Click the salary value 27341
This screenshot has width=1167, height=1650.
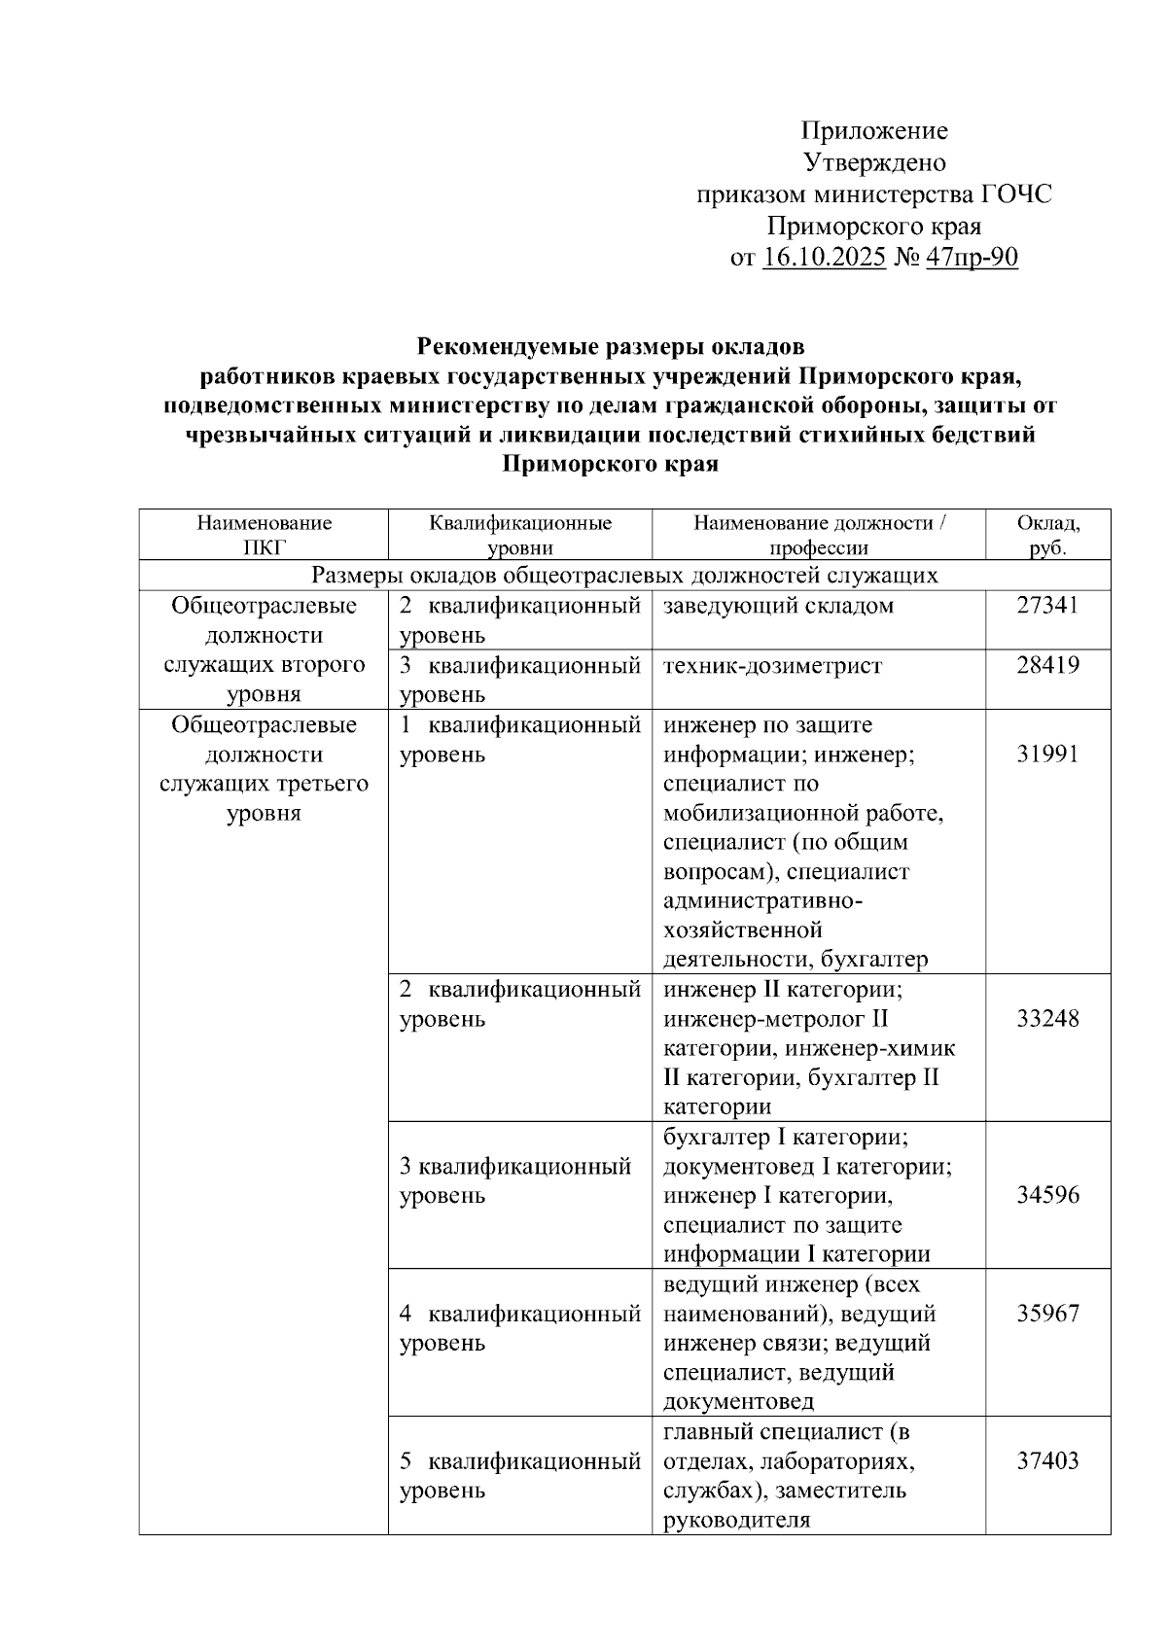click(1047, 606)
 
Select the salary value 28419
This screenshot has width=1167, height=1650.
click(1047, 665)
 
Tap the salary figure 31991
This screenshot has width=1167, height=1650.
click(1047, 755)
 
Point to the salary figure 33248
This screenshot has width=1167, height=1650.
click(1047, 1019)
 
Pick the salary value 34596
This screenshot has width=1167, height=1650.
click(1047, 1195)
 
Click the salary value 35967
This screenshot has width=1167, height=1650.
click(1047, 1314)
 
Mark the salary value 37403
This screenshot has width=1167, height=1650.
click(1047, 1460)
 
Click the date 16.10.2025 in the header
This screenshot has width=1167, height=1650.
click(824, 259)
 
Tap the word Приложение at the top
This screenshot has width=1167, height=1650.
click(873, 130)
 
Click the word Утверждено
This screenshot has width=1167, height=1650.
click(873, 162)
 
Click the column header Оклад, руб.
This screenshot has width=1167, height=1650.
click(1047, 535)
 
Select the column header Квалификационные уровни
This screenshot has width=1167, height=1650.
click(520, 535)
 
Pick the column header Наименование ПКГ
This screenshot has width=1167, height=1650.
click(265, 535)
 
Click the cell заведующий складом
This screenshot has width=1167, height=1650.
click(778, 606)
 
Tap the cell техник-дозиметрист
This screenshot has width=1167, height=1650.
click(772, 665)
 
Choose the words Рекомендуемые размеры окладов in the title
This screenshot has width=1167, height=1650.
click(611, 346)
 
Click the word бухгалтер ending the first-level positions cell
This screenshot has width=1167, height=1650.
click(873, 960)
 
